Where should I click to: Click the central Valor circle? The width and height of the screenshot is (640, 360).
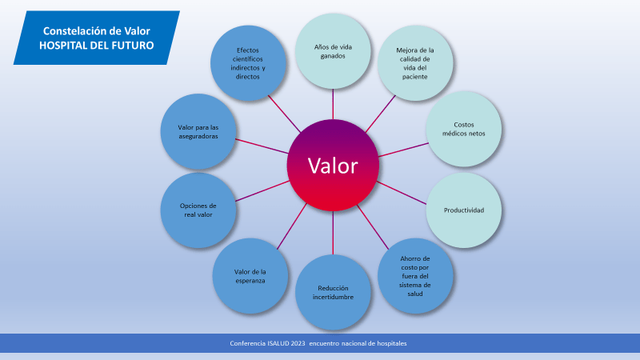(333, 166)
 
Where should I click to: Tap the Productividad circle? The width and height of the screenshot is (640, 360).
(464, 210)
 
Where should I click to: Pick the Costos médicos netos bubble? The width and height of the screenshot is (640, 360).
(464, 129)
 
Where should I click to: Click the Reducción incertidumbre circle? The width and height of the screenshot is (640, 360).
(333, 292)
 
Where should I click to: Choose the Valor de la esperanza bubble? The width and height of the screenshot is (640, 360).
(250, 276)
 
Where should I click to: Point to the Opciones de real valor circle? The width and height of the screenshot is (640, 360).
(198, 210)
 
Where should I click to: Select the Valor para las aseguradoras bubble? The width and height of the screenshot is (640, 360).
(198, 131)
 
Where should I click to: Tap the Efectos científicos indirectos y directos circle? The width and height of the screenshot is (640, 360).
(248, 62)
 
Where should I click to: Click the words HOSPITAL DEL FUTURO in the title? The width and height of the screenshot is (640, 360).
(97, 45)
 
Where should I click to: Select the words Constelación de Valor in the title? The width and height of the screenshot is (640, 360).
(97, 30)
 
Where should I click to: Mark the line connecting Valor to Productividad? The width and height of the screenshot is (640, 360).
(402, 193)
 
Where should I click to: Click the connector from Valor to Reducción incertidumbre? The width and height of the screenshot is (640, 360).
(333, 232)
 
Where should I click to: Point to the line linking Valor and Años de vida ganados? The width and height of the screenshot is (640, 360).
(333, 103)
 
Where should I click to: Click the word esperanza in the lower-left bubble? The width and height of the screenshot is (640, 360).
(250, 281)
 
